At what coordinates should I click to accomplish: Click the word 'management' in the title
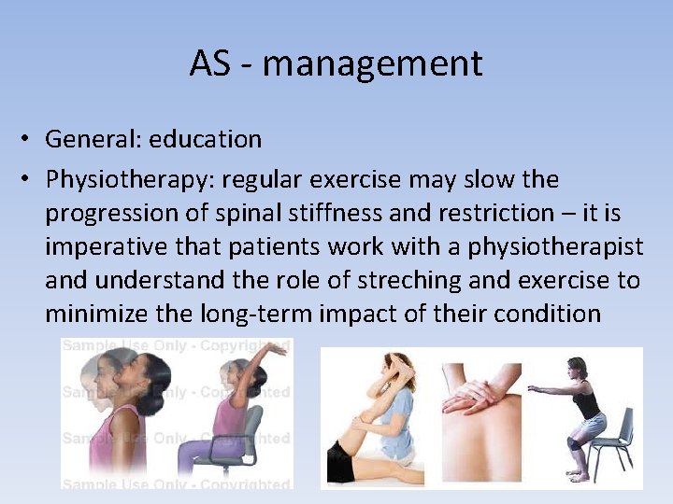point(372,64)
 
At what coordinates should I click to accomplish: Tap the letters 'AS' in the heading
point(214,64)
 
